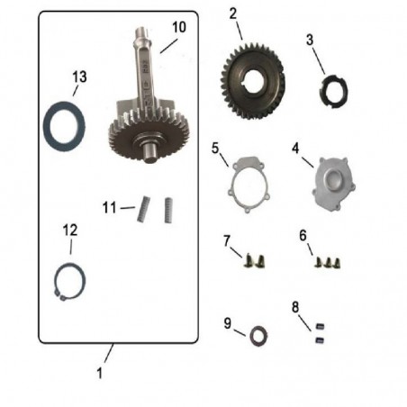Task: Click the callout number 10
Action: (179, 27)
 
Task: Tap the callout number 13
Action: (79, 77)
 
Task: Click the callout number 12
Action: (69, 231)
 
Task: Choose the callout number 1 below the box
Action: (100, 370)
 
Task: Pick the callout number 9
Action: (228, 321)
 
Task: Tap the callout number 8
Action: (295, 306)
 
